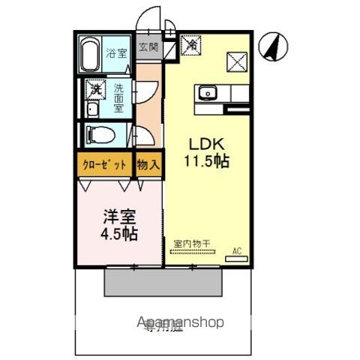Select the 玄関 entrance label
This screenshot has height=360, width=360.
point(148,46)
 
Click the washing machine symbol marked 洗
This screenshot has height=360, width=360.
point(94,88)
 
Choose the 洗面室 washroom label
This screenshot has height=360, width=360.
point(119,97)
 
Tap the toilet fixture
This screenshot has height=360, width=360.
point(100,136)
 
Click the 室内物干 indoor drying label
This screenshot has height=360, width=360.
point(191,243)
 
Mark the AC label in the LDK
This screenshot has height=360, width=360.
point(237,251)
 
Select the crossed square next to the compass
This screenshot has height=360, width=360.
point(237,60)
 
